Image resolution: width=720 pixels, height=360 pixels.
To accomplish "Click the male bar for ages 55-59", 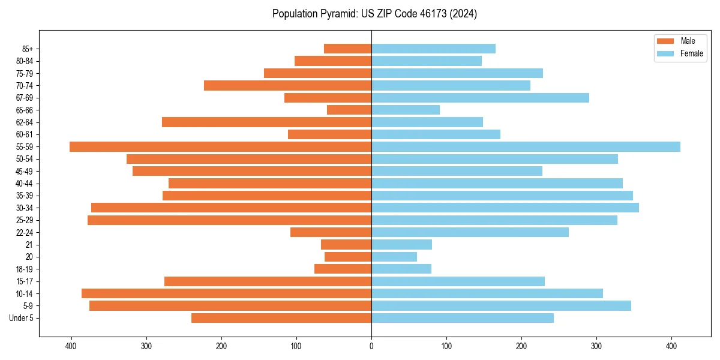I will (x=220, y=146).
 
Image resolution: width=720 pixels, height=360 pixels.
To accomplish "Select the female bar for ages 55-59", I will (x=526, y=146).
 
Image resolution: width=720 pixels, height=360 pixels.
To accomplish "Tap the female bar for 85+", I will (x=433, y=49).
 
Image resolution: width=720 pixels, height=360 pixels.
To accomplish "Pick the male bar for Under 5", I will (x=281, y=318).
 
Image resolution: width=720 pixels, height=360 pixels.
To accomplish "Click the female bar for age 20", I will (x=394, y=257).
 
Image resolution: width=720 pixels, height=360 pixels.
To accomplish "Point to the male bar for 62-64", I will (x=266, y=122).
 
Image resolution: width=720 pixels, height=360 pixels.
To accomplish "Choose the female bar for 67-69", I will (x=480, y=98).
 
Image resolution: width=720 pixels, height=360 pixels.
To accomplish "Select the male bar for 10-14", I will (x=226, y=293).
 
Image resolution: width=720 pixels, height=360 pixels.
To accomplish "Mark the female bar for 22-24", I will (x=470, y=232).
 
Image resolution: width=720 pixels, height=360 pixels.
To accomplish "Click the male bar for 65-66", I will (x=349, y=110).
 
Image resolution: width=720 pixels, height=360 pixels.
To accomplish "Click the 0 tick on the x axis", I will (x=371, y=346).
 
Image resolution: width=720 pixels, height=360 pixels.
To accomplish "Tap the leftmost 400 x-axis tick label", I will (x=71, y=346).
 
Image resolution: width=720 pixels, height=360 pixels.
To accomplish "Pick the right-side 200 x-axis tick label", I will (x=521, y=346).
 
